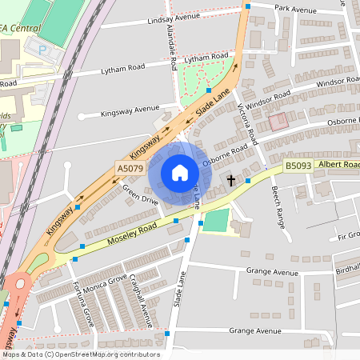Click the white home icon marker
coord(180,173)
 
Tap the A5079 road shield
coord(130,169)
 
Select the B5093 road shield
coord(298,166)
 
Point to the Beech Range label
coord(278,204)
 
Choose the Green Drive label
coord(140,197)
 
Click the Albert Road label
coord(338,164)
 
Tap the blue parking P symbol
coord(42,49)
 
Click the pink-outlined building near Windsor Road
coord(278,122)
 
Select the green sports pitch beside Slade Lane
coord(215,221)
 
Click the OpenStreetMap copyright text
coord(80,354)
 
